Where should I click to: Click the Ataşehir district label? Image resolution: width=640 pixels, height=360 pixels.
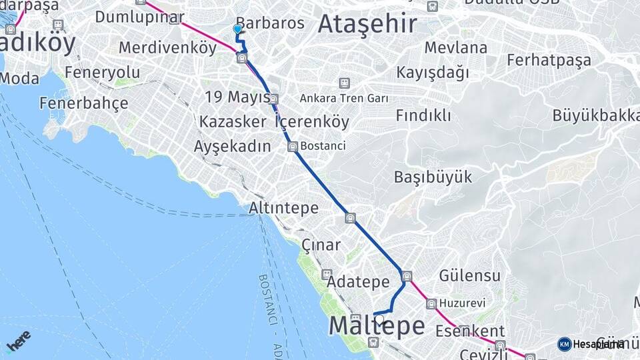click(367, 24)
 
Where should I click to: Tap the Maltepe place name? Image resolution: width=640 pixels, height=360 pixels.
click(377, 326)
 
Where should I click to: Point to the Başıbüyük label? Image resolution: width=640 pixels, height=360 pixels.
click(433, 177)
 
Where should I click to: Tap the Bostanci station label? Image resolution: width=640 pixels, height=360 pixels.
click(323, 145)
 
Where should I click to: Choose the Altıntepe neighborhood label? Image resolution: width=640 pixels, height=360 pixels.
click(283, 208)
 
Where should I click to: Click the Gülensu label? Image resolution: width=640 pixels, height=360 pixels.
click(469, 275)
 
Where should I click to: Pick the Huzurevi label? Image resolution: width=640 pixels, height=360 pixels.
click(462, 303)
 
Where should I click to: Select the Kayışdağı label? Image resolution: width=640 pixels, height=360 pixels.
click(433, 72)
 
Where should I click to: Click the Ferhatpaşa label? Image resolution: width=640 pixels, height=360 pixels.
click(549, 60)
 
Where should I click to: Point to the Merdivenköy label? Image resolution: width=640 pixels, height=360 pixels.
click(167, 48)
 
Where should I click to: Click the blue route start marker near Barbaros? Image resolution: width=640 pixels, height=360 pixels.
click(237, 29)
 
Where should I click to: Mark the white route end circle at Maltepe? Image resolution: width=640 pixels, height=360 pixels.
click(380, 319)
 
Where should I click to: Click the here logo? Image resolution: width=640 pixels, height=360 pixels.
click(18, 341)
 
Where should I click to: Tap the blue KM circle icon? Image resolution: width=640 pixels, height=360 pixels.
click(564, 344)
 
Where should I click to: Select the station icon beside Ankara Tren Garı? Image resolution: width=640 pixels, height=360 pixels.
click(344, 83)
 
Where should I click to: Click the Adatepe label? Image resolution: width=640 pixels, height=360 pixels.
click(358, 282)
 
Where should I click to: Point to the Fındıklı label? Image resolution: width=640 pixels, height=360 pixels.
click(423, 115)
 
